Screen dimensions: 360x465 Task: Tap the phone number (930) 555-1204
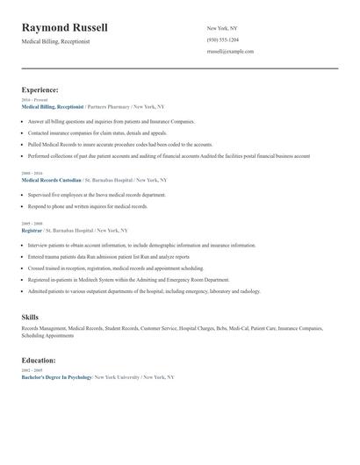(222, 39)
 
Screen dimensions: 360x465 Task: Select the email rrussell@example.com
(230, 52)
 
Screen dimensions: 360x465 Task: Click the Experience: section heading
(40, 89)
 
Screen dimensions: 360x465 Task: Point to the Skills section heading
(32, 317)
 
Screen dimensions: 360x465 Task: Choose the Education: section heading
(39, 360)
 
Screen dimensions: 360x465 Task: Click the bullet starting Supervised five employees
(97, 195)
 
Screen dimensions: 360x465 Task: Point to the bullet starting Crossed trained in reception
(115, 268)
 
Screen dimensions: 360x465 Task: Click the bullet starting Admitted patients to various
(144, 290)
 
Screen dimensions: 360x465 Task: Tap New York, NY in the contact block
(222, 28)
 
